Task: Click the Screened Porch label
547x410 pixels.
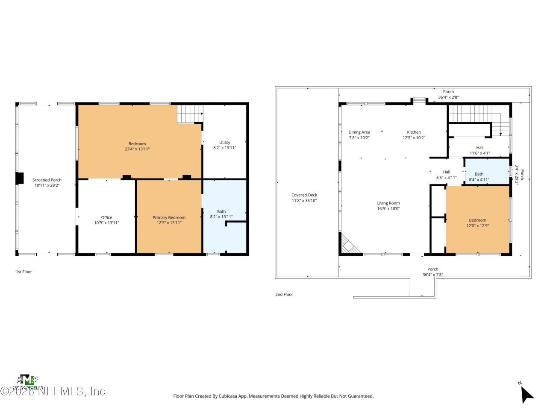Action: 47,180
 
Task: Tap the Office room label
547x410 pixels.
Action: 106,217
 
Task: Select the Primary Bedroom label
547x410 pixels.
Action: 169,217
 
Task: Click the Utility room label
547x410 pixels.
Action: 225,142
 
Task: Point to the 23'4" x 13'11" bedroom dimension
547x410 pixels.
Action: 137,149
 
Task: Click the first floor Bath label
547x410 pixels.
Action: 221,211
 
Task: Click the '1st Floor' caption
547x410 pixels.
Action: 24,272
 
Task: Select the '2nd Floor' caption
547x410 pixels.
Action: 284,294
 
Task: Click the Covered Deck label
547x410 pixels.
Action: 304,195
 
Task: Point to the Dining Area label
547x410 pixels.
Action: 359,132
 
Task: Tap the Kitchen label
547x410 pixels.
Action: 414,132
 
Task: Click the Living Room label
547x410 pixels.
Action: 388,203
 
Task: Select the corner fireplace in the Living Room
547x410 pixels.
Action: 348,245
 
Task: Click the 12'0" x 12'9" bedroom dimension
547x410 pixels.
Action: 477,225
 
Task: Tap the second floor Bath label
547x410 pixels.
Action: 479,174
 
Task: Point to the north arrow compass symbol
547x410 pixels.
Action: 527,393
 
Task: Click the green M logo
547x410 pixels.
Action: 28,380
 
